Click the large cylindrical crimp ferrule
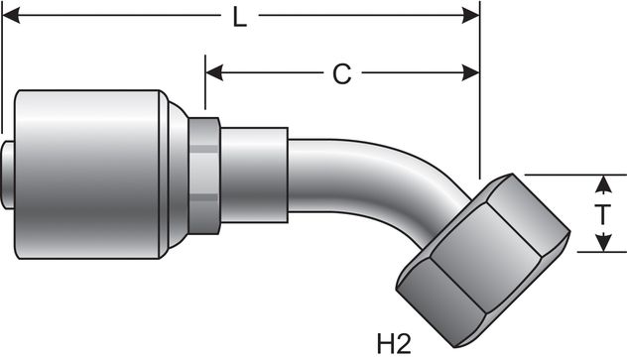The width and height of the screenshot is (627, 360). pyautogui.click(x=89, y=175)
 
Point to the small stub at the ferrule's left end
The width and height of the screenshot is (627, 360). pyautogui.click(x=8, y=175)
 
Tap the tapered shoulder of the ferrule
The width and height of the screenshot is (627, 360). pyautogui.click(x=177, y=175)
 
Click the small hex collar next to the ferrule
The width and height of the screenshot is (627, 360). pyautogui.click(x=203, y=175)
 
